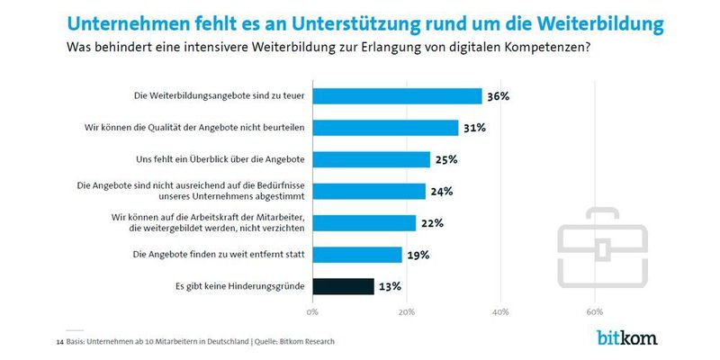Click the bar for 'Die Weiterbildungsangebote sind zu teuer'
397,96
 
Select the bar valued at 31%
385,128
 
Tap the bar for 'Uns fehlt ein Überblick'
371,159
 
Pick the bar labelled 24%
369,191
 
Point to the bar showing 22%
364,222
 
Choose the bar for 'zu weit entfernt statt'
357,255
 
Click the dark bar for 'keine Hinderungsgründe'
343,286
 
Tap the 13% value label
390,286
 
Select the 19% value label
418,255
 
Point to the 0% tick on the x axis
312,312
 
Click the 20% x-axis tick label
407,312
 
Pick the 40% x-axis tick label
500,312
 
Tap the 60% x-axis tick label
594,312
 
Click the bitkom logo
626,338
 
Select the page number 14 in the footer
59,341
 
